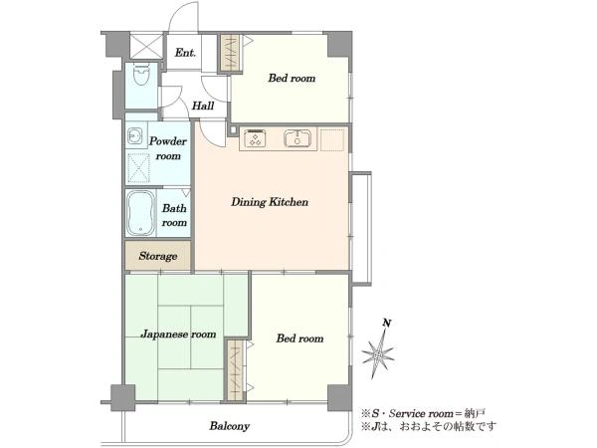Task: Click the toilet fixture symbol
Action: click(x=141, y=75)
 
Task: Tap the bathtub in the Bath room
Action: click(x=140, y=213)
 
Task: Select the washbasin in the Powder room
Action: click(x=134, y=136)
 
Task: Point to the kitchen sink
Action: click(x=298, y=138)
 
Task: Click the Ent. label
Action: click(x=185, y=53)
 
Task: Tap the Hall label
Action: click(x=203, y=106)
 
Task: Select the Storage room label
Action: click(x=158, y=256)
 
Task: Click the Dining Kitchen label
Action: click(x=270, y=202)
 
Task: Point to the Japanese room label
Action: click(x=178, y=335)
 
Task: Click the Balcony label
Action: click(x=230, y=426)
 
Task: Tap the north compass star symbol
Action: click(x=378, y=354)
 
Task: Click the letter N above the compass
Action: click(x=387, y=324)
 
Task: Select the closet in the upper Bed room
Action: click(x=231, y=53)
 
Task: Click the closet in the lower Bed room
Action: click(x=235, y=370)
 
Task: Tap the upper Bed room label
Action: click(x=292, y=78)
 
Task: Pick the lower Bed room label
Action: click(x=300, y=338)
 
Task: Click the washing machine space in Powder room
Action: click(x=138, y=167)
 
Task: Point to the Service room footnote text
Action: click(x=424, y=414)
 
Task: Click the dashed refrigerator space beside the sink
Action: click(x=332, y=140)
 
